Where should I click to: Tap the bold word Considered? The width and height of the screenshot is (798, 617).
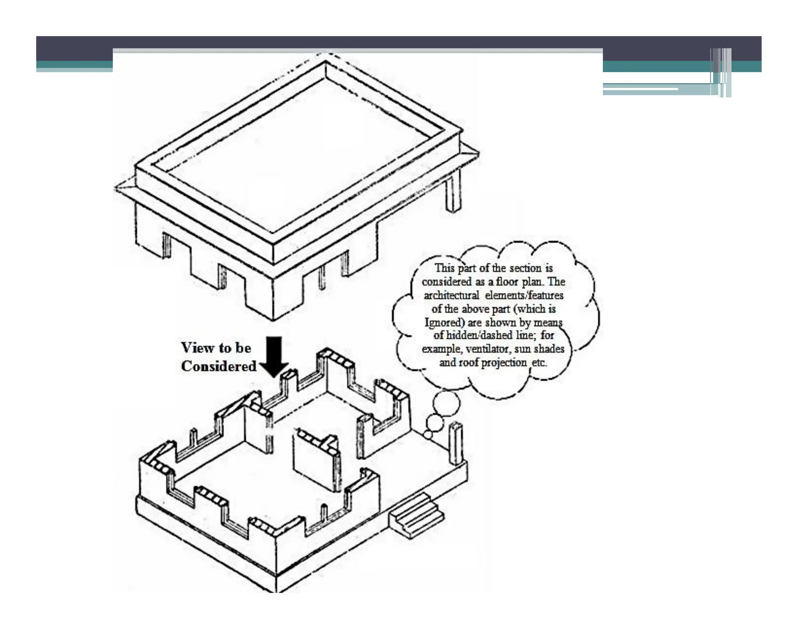[219, 366]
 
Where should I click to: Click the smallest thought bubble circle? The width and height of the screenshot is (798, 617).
[428, 434]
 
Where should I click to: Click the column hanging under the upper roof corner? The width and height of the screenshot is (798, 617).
[453, 193]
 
